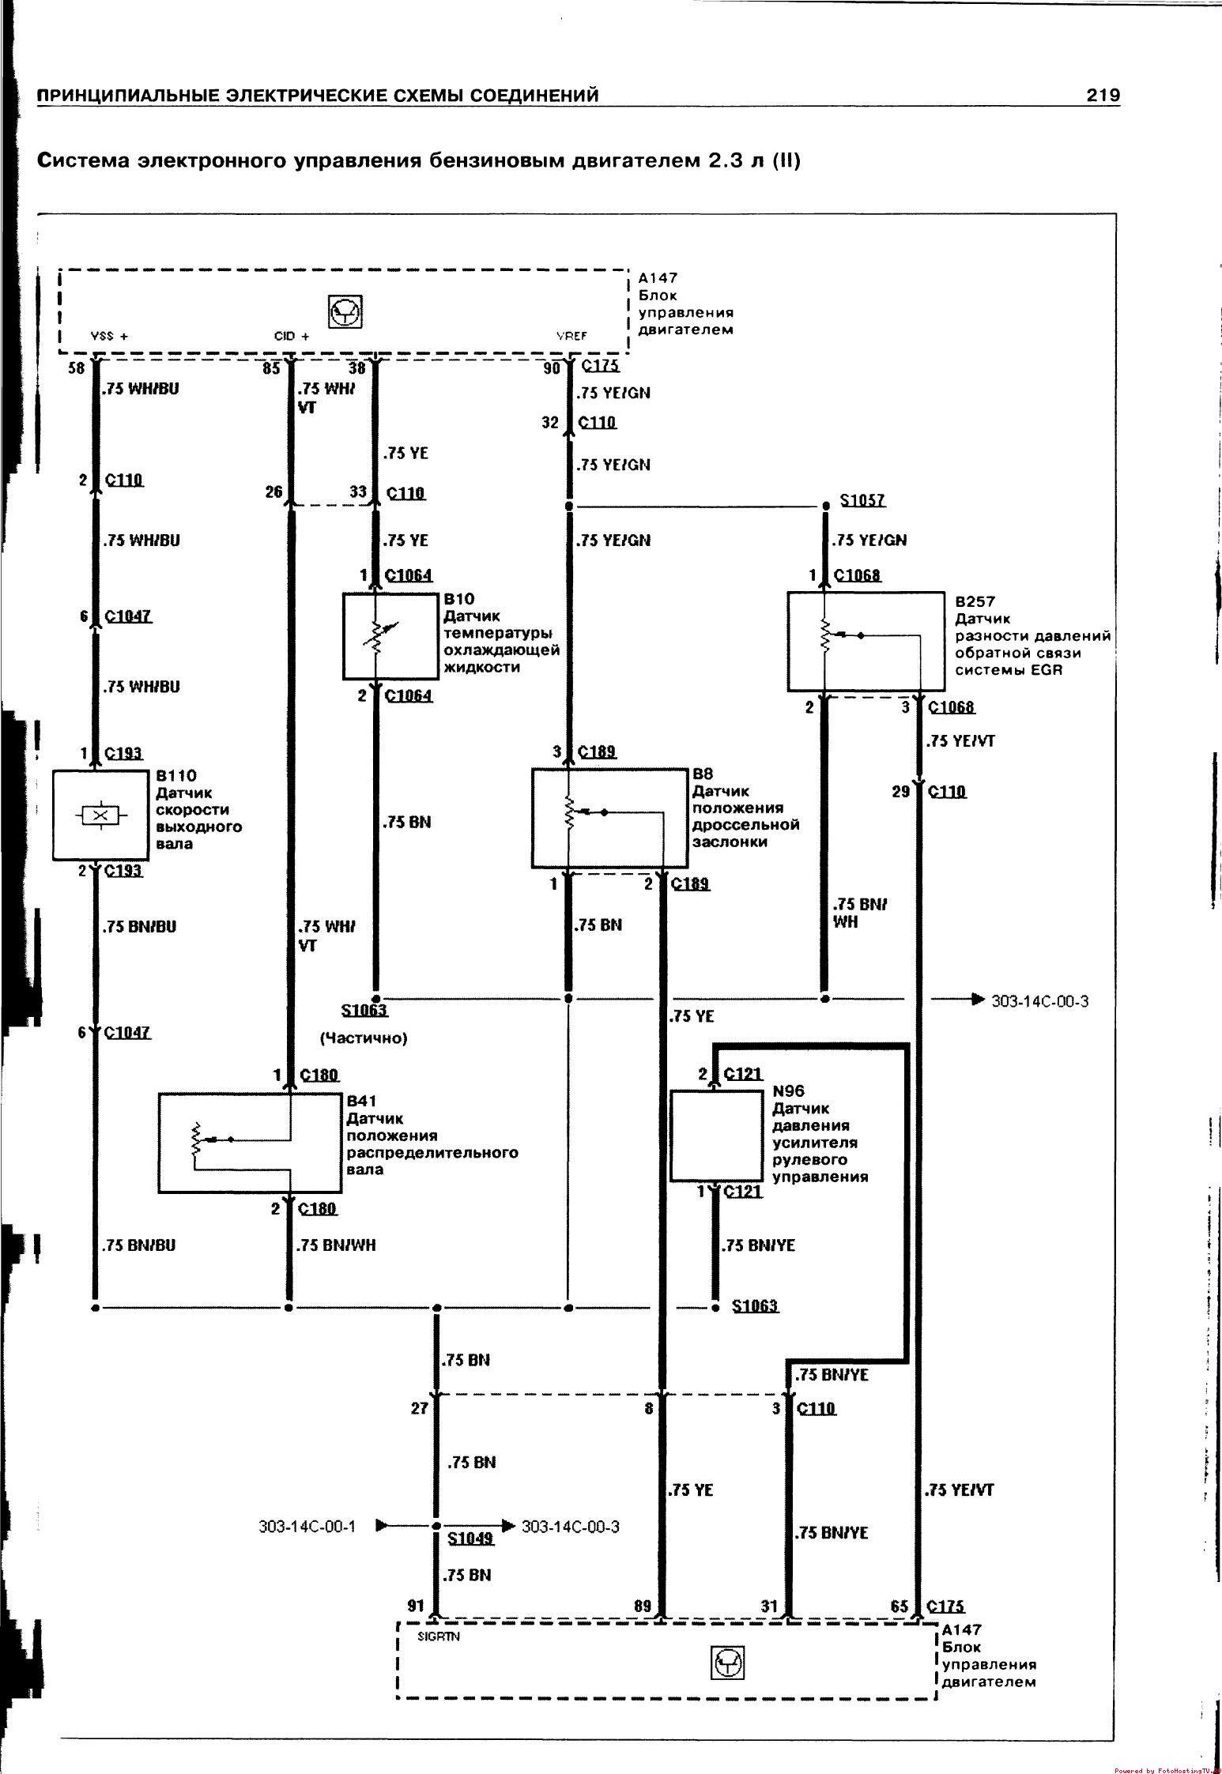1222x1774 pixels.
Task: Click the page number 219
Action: point(1103,96)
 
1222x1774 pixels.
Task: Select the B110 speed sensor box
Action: point(100,815)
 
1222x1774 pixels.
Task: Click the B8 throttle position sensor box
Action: point(609,818)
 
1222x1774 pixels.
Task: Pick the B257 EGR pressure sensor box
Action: point(866,641)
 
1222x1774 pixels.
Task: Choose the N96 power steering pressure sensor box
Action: point(716,1135)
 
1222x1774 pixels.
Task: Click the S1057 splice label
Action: point(862,500)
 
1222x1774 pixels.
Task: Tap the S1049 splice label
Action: point(470,1538)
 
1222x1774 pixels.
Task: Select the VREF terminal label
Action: point(571,336)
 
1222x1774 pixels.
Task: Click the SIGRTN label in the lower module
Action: point(433,1637)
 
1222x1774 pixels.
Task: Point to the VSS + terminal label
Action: point(110,336)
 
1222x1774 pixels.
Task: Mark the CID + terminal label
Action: point(292,336)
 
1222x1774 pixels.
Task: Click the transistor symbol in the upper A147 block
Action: point(345,313)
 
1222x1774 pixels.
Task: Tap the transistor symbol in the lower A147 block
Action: point(728,1666)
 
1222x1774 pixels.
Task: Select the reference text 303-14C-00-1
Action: point(307,1526)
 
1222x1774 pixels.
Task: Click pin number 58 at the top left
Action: point(76,367)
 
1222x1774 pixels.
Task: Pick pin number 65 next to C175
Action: point(900,1606)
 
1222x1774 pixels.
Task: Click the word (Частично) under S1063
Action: point(363,1038)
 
